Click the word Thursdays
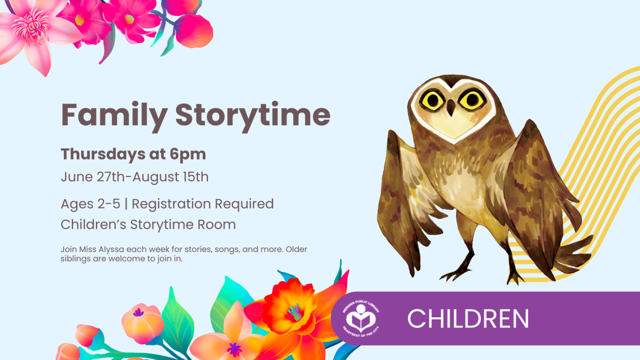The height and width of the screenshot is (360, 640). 103,154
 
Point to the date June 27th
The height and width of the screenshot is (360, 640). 93,177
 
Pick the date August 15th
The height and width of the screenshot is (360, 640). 171,177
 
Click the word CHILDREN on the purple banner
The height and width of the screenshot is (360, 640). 468,318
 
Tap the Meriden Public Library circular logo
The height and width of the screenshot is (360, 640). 361,318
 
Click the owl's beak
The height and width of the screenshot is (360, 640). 451,107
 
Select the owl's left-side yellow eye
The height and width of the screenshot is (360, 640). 433,101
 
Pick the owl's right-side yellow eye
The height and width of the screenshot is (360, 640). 471,100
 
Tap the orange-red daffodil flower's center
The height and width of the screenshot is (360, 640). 295,312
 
